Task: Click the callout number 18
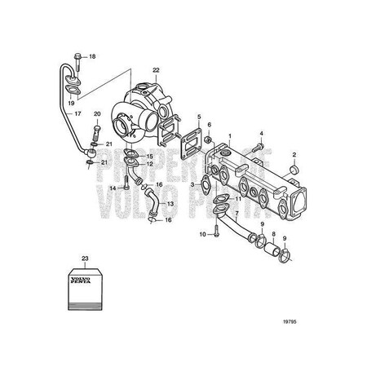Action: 92,56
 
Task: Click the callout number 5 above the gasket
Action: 199,117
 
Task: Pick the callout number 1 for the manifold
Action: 230,137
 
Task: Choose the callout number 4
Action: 262,132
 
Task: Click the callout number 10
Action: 200,235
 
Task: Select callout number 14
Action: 115,188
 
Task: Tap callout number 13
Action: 170,203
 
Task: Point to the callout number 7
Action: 237,214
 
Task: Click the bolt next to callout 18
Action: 76,56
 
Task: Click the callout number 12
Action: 149,165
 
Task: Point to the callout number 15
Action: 149,155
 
